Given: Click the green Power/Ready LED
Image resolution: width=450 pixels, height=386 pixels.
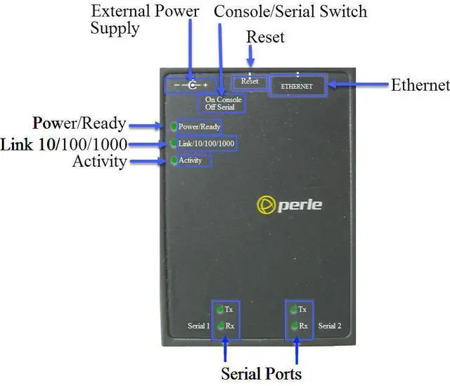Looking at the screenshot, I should coord(174,127).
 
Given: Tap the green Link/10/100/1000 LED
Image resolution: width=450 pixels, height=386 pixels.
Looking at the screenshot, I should coord(174,143).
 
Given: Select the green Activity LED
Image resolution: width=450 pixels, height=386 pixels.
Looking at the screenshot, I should coord(174,160).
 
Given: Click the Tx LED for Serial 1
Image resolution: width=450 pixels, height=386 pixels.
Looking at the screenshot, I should coord(219,309).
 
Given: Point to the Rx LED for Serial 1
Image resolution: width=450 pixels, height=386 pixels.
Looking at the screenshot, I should coord(219,326).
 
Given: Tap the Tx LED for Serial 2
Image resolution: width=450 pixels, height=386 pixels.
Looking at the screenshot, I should coord(293,309).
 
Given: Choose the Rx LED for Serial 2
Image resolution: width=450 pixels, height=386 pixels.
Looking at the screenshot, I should coord(293,326).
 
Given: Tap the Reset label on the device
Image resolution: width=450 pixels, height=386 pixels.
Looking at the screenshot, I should coord(250,82).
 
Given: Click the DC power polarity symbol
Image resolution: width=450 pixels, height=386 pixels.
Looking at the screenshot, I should coord(188,84).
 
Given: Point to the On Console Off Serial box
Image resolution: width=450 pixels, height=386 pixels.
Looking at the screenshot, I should coord(223,103).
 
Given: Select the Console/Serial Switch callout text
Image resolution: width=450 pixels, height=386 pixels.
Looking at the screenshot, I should coord(290,11).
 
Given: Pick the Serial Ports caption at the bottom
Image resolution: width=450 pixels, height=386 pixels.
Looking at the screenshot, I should coord(261,372).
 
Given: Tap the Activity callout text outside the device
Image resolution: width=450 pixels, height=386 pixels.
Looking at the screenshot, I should coord(99,162).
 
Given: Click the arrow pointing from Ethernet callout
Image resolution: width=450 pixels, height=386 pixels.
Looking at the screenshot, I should coord(359,85).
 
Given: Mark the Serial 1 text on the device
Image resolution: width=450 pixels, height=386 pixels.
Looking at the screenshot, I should coord(198,326).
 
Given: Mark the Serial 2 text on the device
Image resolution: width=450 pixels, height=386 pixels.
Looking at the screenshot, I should coord(329,326).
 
